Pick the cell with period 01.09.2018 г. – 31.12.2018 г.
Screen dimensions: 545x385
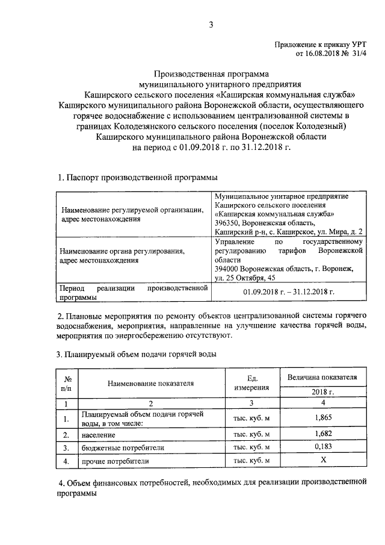point(289,292)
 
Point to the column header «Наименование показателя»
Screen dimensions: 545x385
point(152,382)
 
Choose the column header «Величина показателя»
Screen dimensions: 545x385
point(322,377)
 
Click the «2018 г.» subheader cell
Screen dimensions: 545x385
point(322,391)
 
